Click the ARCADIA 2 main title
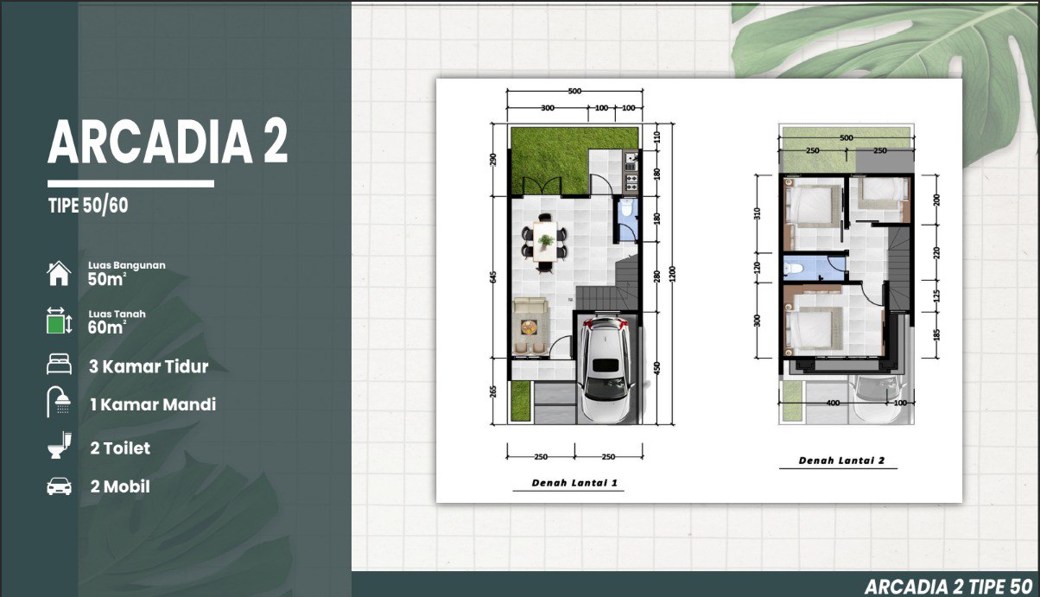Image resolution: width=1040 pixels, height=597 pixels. tap(168, 142)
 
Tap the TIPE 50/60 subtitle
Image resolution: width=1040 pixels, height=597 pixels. tap(88, 205)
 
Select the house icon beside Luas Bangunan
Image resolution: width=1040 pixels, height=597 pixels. tap(59, 273)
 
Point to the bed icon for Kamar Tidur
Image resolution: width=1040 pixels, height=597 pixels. tap(59, 364)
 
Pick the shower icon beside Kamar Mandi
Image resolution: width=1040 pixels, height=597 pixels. tap(59, 402)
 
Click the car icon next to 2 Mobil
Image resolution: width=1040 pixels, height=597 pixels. tap(59, 486)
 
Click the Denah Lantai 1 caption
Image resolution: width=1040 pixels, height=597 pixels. tap(574, 483)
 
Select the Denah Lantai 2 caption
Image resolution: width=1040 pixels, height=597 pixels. tap(841, 460)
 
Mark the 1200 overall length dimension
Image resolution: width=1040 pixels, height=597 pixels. tap(673, 274)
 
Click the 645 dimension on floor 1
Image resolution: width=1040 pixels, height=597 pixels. tap(493, 276)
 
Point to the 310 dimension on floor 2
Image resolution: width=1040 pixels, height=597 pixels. tap(758, 213)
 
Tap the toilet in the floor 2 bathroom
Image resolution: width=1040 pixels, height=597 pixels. tap(793, 268)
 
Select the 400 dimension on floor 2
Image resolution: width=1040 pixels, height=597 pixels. tap(833, 403)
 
